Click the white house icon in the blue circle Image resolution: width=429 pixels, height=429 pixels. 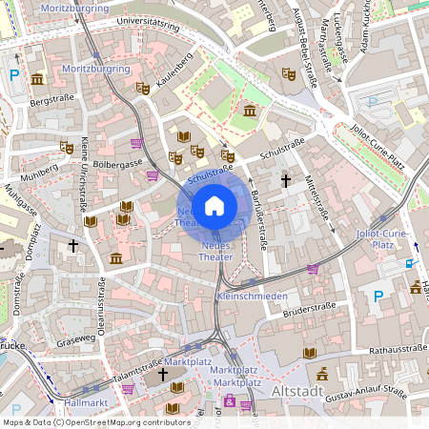214,205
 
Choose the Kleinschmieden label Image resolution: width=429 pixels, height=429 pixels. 253,296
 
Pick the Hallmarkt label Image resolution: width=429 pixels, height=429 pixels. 71,403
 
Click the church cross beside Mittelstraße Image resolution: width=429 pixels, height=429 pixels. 284,179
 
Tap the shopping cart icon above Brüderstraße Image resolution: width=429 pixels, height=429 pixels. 313,268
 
